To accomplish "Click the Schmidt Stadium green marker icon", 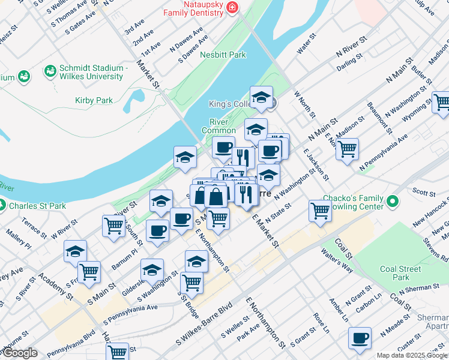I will (50, 71).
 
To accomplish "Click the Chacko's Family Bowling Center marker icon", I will (393, 200).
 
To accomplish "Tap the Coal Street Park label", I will (401, 273).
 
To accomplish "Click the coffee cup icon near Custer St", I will (360, 338).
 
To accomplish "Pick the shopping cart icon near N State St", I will (320, 210).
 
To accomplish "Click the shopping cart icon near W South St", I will (113, 226).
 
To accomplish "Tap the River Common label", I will (218, 125).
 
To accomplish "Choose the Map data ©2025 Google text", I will (411, 355).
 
